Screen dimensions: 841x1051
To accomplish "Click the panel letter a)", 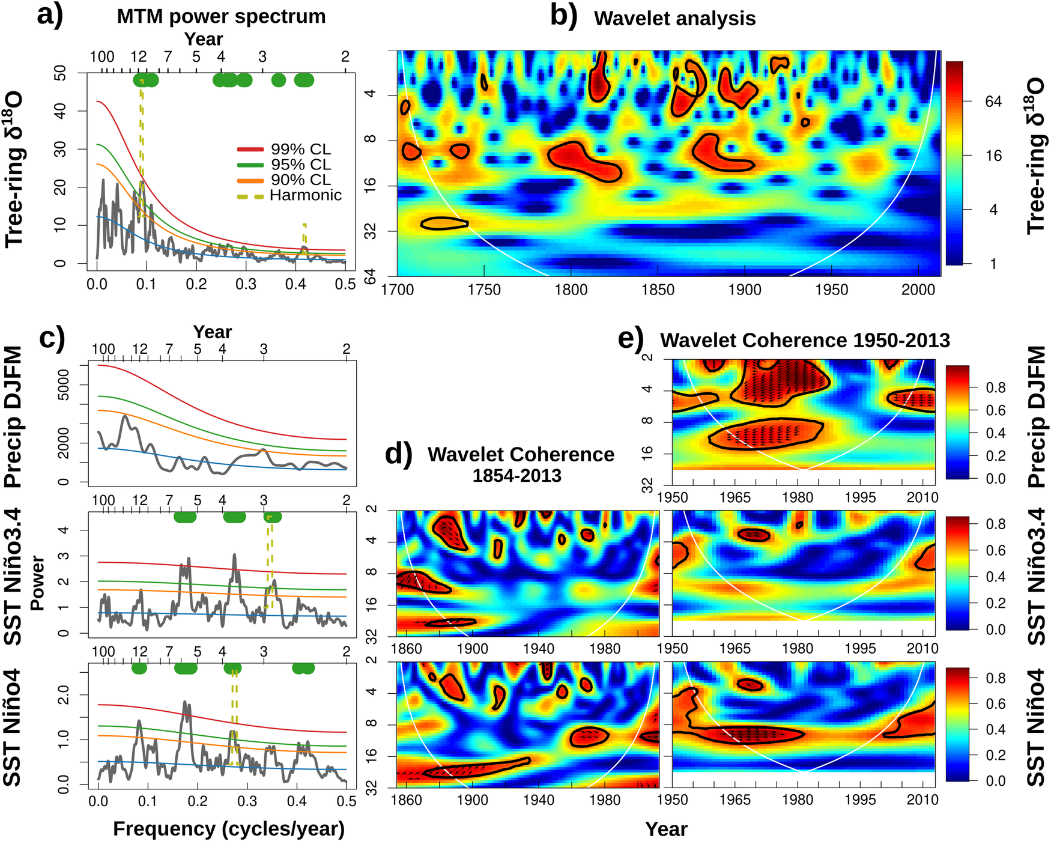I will tap(49, 14).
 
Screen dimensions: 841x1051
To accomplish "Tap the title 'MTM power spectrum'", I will tap(221, 16).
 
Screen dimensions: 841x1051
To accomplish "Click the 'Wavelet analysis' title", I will tap(674, 19).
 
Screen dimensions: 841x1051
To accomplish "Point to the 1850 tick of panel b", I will tap(658, 290).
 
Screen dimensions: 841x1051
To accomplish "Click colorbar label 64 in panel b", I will tap(993, 102).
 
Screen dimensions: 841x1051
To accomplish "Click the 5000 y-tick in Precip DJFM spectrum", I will tap(63, 384).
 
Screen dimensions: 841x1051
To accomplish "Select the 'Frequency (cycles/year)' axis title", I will tap(229, 828).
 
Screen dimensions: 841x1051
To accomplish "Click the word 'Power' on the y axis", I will tap(37, 583).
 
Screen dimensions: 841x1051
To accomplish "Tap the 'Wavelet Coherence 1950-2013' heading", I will tap(805, 341).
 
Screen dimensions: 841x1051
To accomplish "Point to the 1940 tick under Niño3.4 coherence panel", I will tap(538, 649).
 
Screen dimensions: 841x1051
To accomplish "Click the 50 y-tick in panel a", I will tap(61, 73).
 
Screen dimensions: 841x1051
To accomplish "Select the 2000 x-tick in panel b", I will tap(918, 290).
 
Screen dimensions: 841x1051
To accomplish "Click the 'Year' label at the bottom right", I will tap(666, 829).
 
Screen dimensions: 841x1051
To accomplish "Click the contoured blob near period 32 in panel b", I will tap(444, 223).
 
